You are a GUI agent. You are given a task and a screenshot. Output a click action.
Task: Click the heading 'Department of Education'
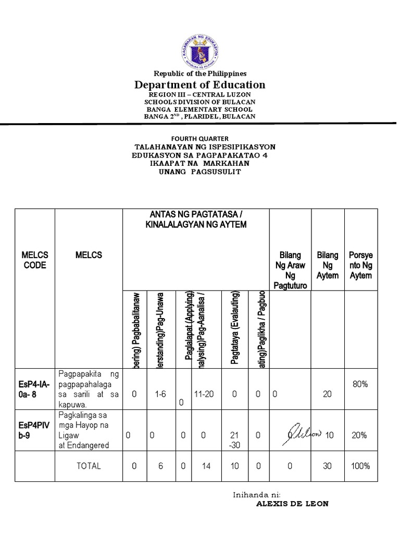[x=200, y=85]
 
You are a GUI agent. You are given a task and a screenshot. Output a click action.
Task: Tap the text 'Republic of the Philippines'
[x=200, y=74]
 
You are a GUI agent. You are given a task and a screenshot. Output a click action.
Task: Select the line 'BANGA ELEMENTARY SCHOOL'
[x=200, y=110]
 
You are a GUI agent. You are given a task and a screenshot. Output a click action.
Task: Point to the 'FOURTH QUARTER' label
[x=200, y=139]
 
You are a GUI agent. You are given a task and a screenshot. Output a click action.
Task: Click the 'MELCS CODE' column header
[x=34, y=260]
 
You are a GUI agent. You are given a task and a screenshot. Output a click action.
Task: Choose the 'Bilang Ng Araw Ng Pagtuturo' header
[x=291, y=270]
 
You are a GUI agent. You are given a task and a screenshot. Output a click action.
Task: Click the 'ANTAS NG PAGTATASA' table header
[x=196, y=220]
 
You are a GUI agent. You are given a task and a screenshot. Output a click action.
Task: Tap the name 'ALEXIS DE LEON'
[x=293, y=504]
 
